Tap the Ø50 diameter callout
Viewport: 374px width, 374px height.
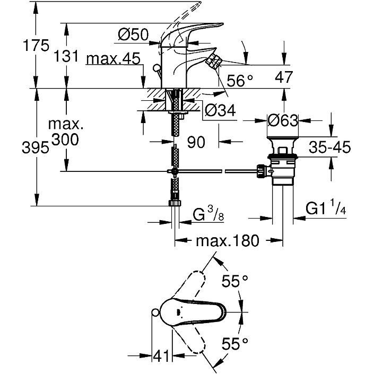[133, 35]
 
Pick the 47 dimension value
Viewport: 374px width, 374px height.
[284, 77]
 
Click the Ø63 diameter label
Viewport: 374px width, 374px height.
[283, 121]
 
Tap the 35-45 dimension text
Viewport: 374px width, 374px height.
[330, 147]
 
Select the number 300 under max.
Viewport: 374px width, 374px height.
[66, 140]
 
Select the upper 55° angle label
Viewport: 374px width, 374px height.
[235, 282]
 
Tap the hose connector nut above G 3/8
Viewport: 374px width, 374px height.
[175, 204]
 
